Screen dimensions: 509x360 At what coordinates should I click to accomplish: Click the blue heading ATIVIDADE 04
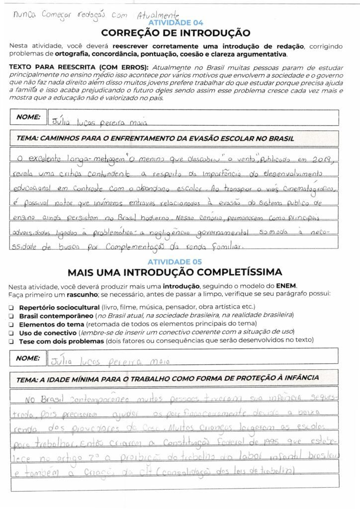176,23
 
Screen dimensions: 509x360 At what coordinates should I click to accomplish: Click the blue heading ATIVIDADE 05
176,261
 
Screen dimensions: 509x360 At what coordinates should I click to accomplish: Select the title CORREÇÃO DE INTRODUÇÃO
176,33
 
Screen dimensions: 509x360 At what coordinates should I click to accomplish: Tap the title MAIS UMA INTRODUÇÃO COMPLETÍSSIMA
175,272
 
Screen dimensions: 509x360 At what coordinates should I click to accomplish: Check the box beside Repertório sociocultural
11,307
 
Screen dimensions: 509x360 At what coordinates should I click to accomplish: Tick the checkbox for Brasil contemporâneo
11,316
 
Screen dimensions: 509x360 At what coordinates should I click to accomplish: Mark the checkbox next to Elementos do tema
11,324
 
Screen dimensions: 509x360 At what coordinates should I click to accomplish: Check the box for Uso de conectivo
11,332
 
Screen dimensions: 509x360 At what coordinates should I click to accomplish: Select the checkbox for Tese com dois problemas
11,340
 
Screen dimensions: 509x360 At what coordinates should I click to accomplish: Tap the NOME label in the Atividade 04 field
28,117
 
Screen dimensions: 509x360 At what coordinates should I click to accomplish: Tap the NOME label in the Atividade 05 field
28,357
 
